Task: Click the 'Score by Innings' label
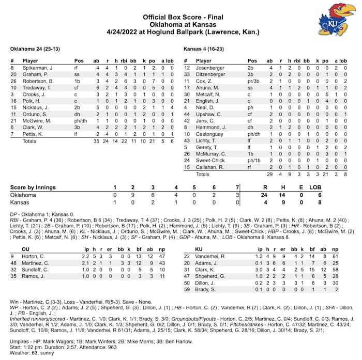coord(33,187)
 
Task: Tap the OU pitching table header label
coord(25,248)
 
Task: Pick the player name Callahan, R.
coord(210,167)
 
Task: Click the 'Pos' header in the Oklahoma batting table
coord(79,60)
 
